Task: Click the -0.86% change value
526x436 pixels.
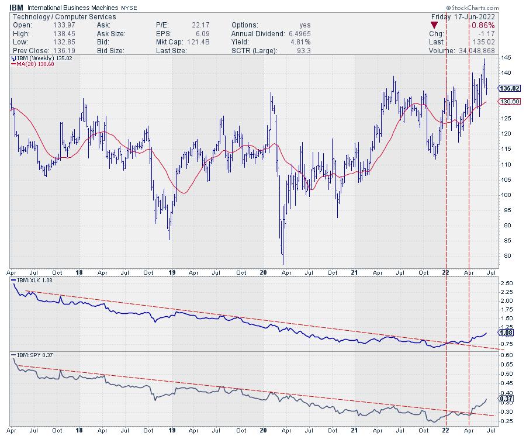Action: click(483, 25)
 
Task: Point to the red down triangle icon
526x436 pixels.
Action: click(434, 25)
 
